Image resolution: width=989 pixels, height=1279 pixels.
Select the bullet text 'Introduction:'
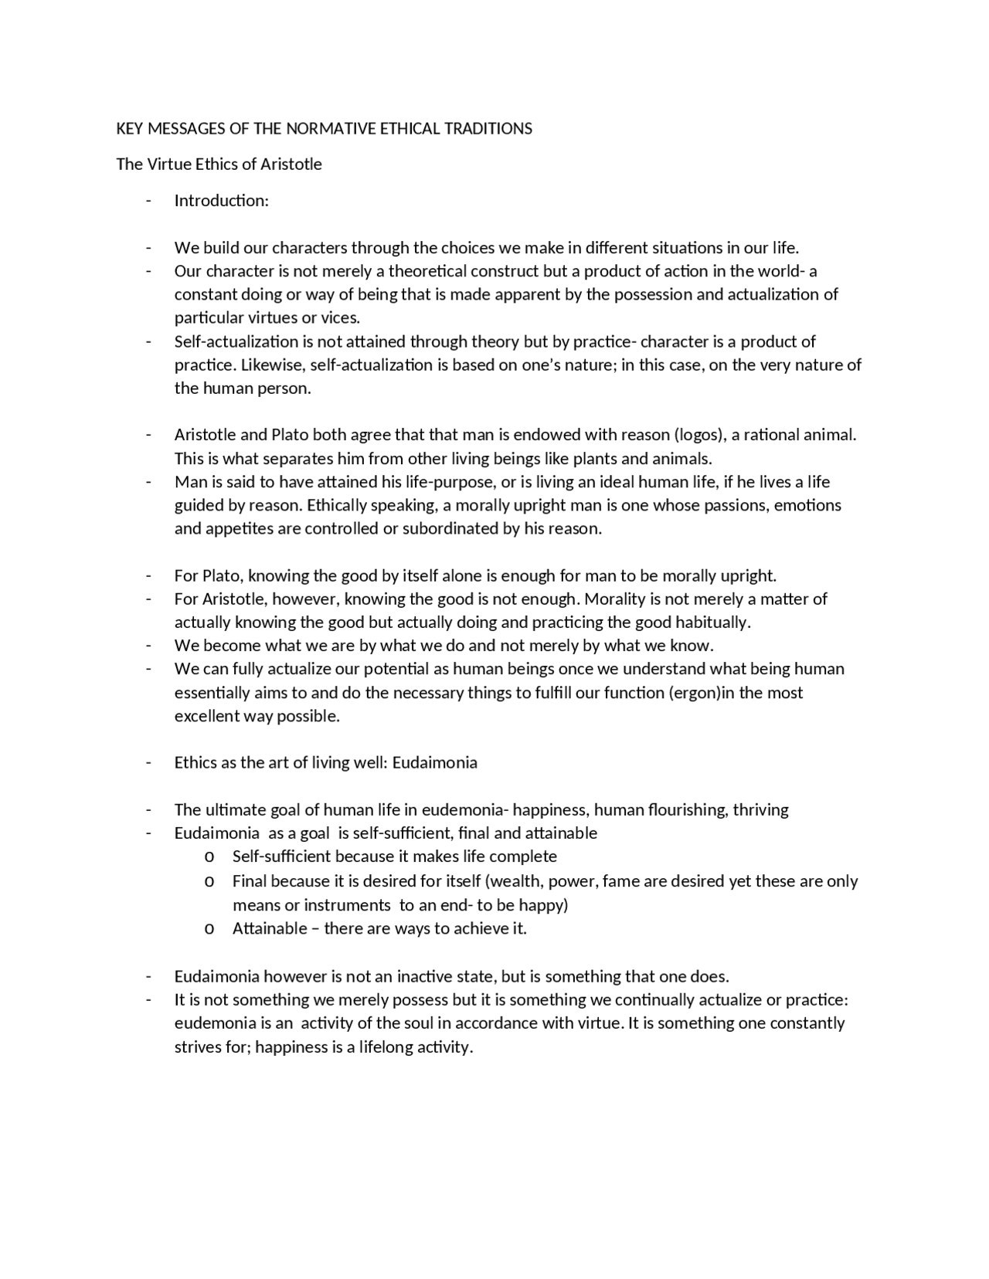(x=221, y=201)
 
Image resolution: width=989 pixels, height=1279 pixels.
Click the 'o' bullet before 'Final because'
(x=209, y=881)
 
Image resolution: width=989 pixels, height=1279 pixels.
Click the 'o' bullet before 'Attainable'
(x=209, y=928)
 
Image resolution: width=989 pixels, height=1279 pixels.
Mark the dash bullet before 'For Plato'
(x=148, y=576)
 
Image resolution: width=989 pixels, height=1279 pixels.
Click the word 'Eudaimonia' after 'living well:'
(x=434, y=762)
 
